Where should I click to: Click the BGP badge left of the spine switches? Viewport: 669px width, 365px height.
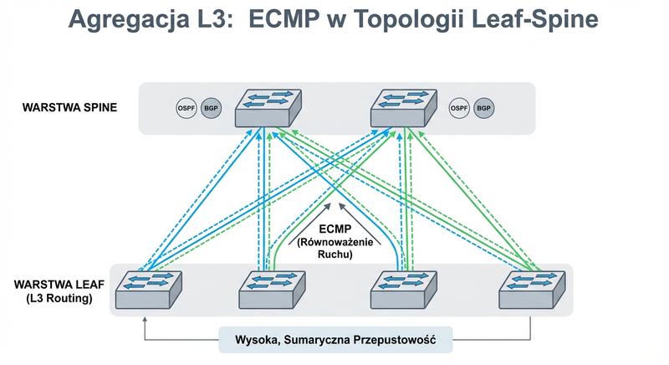(211, 108)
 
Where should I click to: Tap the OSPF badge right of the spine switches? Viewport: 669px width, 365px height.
(459, 108)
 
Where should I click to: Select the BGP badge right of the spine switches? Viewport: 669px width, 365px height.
(483, 108)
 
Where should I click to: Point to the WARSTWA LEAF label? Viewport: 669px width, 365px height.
(54, 285)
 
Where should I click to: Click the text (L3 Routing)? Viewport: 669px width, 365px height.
(54, 298)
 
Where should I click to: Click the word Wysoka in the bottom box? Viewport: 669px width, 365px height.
(246, 339)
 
